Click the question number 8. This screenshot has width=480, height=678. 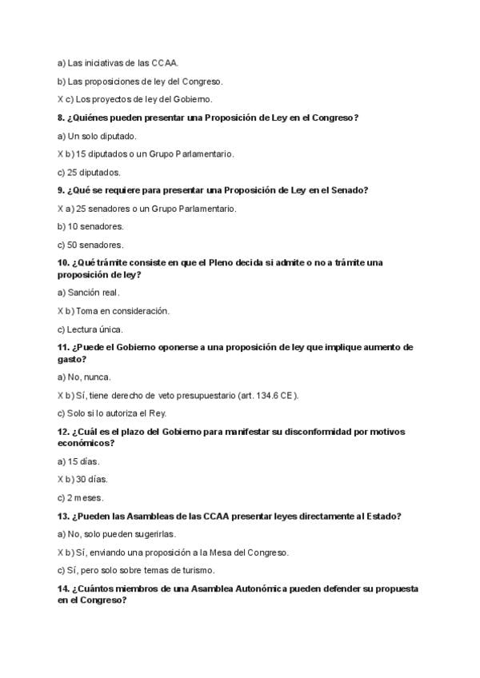62,118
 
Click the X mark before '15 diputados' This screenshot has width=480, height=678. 61,154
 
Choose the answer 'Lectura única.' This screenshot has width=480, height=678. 91,329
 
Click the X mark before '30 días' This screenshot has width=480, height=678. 61,480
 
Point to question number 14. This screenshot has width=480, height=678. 64,588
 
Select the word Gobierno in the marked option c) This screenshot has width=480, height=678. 191,99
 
